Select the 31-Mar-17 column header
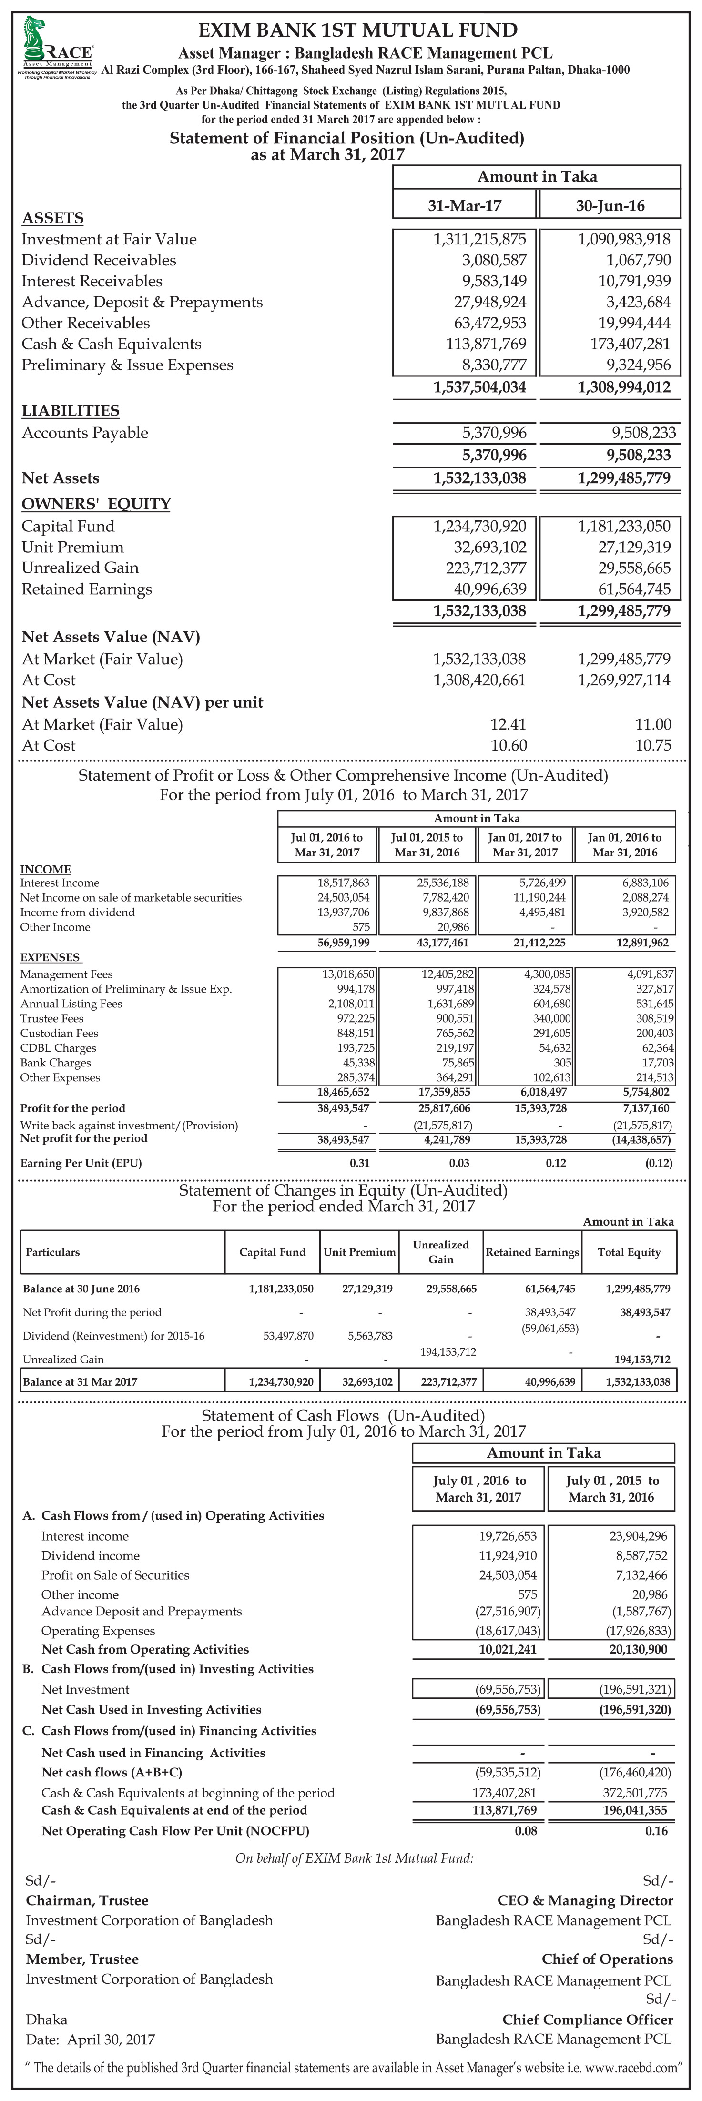465,205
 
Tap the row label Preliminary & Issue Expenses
127,365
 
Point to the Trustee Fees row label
51,1018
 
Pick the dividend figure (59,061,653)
549,1328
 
